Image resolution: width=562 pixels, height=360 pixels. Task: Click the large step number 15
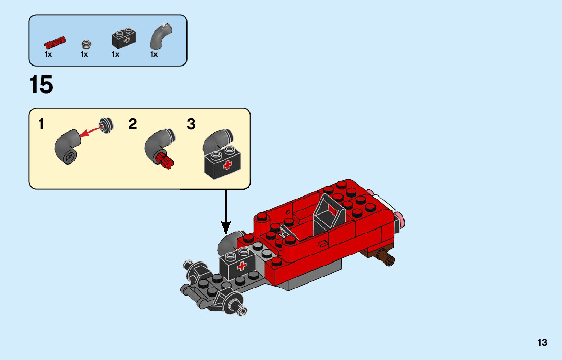(x=41, y=85)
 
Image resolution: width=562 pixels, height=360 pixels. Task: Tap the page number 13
(x=542, y=342)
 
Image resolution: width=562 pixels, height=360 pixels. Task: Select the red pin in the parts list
(x=55, y=41)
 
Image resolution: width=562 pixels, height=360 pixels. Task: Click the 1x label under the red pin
(x=48, y=54)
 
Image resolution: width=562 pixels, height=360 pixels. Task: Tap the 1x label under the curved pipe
(x=154, y=54)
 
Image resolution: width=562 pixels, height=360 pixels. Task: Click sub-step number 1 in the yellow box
(x=41, y=125)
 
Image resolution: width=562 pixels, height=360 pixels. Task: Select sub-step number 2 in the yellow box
(x=133, y=125)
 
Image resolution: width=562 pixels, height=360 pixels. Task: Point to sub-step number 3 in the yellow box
(x=191, y=125)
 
